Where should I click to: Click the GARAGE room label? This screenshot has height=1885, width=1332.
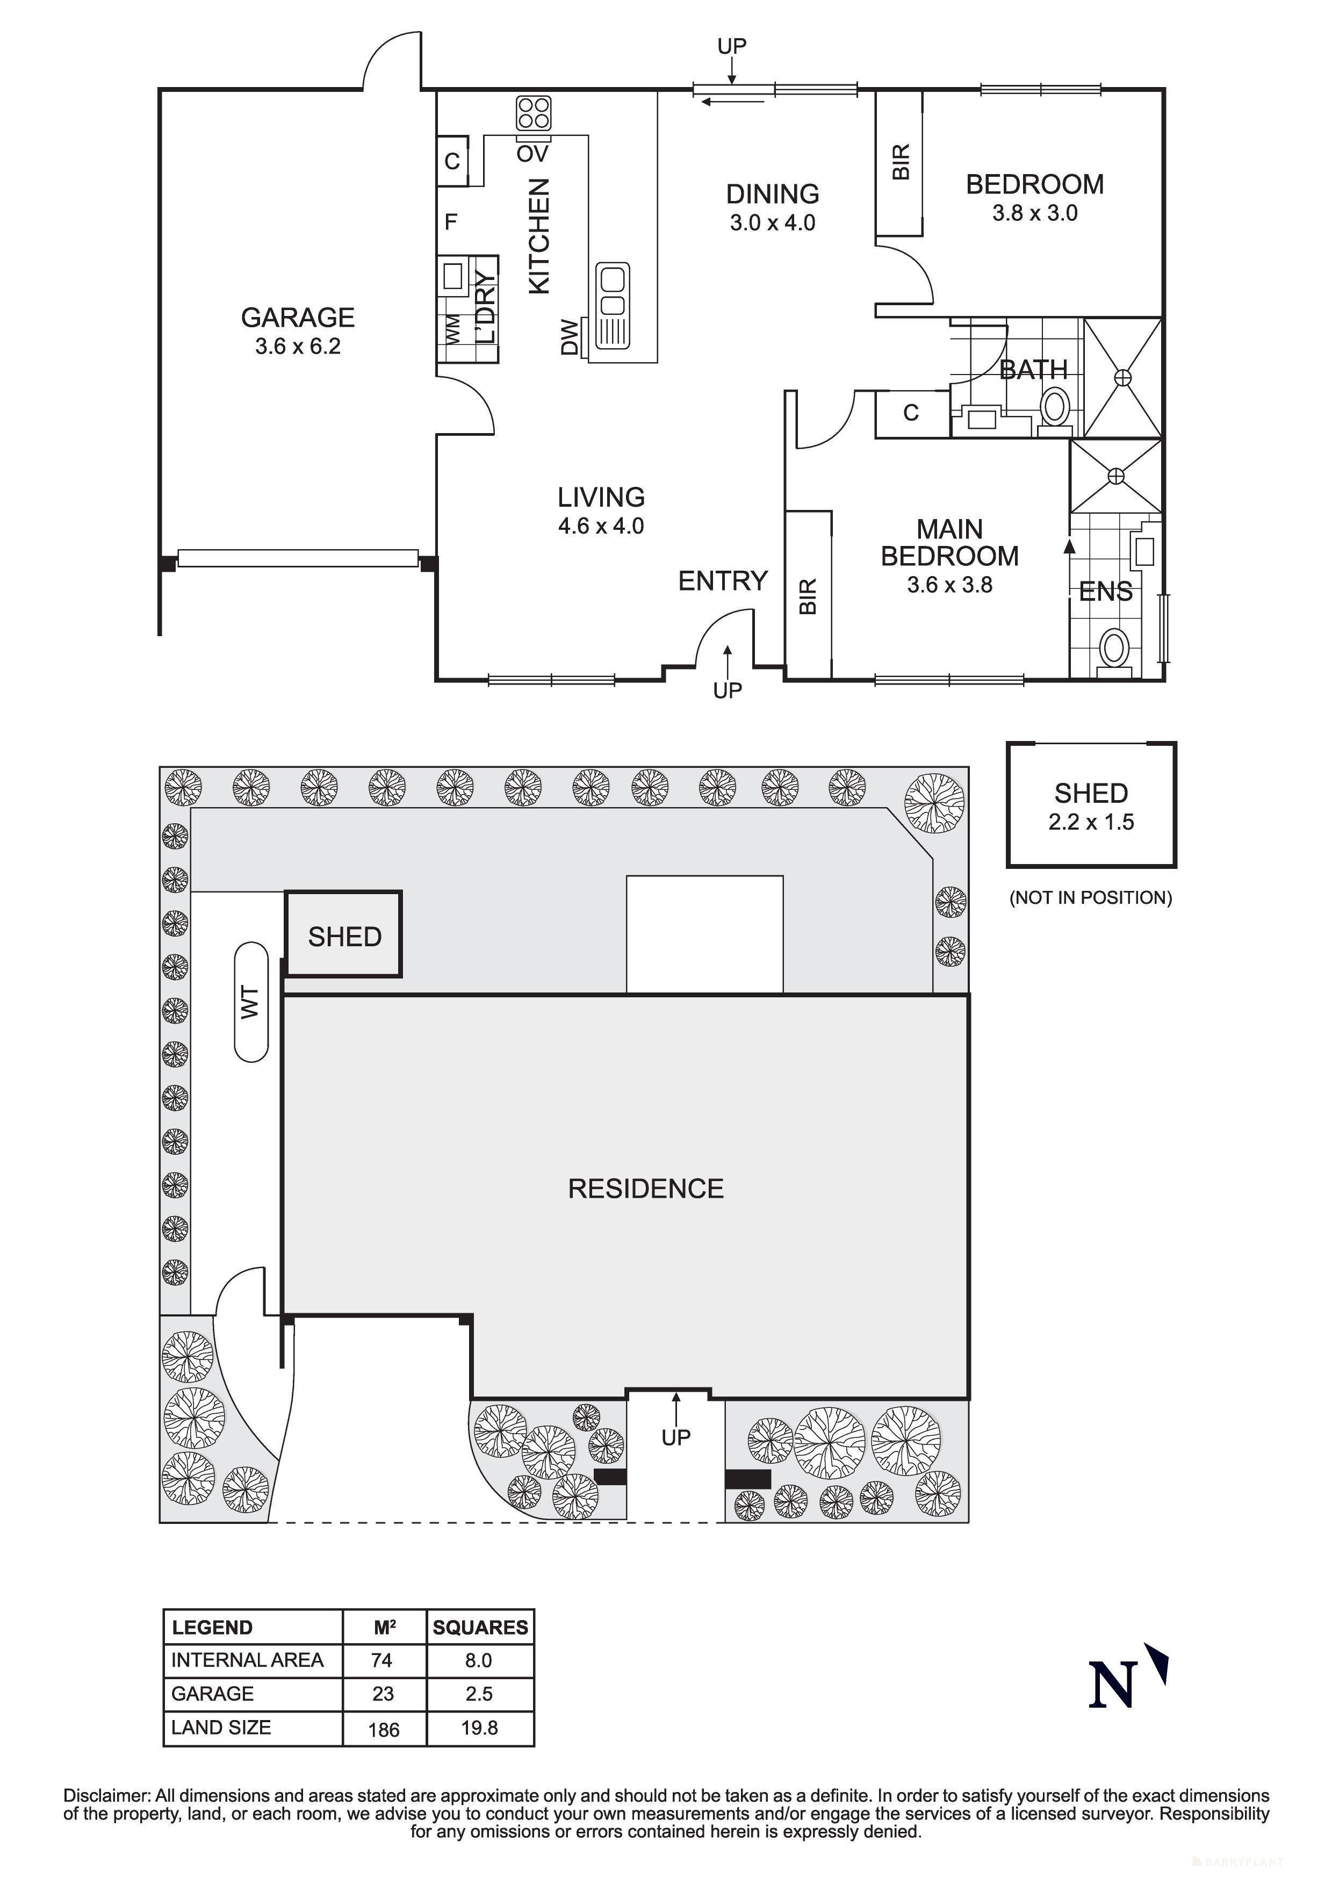(297, 317)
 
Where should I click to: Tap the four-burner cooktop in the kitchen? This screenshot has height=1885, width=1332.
(534, 113)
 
